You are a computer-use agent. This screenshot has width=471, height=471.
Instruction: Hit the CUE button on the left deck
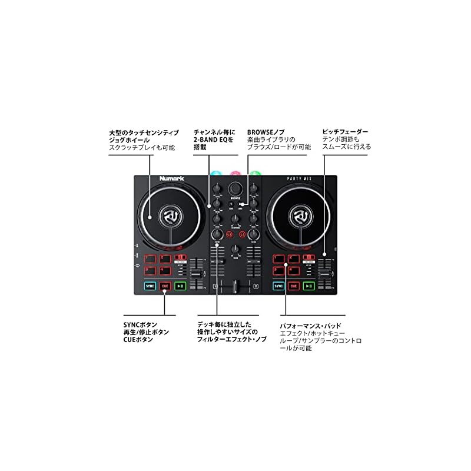(165, 286)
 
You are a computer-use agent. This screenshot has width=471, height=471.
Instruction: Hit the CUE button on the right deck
(293, 286)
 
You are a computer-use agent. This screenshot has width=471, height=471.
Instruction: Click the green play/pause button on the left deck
(181, 286)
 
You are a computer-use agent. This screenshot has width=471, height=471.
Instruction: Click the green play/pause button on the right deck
(309, 286)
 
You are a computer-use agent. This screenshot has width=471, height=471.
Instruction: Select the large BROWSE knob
(236, 188)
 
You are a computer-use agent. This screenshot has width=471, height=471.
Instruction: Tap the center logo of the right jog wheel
(302, 217)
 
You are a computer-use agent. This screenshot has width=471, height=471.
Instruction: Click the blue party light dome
(215, 174)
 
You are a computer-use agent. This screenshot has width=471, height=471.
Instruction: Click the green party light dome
(256, 174)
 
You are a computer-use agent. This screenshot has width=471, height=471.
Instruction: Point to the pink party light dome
(235, 174)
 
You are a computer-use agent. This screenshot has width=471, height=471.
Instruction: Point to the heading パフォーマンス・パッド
(310, 326)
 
